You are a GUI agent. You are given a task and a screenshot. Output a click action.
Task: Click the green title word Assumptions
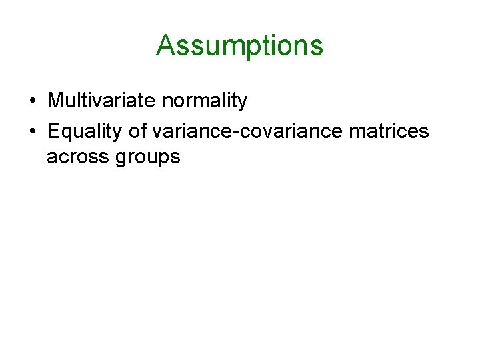click(239, 46)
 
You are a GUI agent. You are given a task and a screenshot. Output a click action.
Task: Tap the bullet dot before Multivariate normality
click(33, 101)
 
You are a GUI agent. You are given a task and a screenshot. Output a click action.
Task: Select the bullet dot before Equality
click(33, 132)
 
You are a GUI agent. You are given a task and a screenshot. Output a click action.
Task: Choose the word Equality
click(85, 132)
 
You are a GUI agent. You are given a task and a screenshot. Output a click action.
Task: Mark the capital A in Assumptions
click(165, 45)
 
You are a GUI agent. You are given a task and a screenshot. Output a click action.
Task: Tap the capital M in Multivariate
click(55, 101)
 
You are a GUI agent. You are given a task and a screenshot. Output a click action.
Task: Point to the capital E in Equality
click(53, 131)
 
